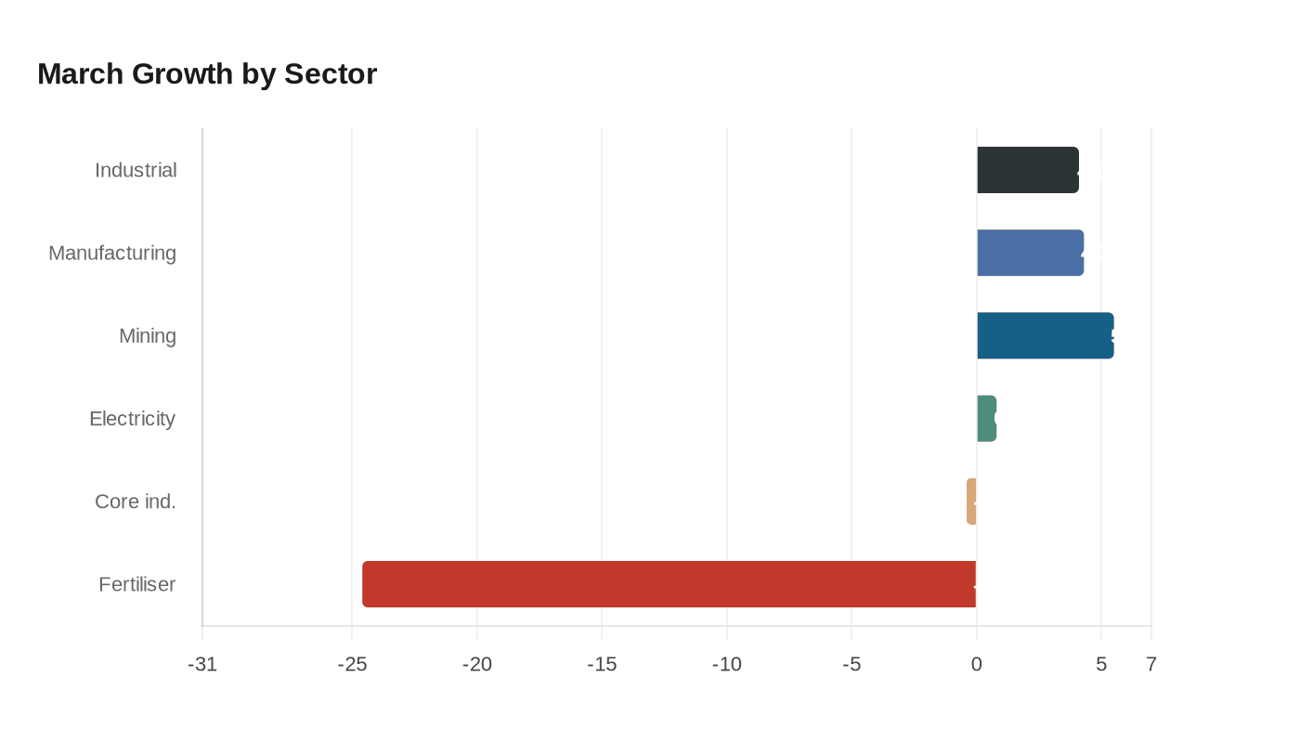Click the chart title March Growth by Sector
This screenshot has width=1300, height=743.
tap(207, 73)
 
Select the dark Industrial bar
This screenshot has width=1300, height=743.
tap(1027, 170)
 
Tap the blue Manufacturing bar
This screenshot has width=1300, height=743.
tap(1030, 253)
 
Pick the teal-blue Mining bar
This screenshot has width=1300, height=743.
tap(1045, 335)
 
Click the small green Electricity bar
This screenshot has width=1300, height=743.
tap(986, 418)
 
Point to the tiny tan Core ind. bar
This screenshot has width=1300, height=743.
tap(971, 502)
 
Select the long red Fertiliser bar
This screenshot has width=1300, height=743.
tap(669, 584)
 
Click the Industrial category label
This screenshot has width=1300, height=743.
tap(136, 170)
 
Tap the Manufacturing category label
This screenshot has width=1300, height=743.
tap(112, 253)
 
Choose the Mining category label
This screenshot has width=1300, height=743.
tap(148, 335)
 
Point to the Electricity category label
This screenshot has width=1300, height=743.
tap(132, 418)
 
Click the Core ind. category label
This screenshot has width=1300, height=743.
tap(136, 502)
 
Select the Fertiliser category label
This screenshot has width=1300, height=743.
tap(137, 584)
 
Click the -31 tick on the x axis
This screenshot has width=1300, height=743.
tap(202, 664)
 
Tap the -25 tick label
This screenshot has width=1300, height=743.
tap(352, 664)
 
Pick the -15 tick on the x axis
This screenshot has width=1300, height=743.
tap(602, 664)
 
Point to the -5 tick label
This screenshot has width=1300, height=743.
tap(851, 664)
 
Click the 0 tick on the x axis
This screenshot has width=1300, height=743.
tap(976, 664)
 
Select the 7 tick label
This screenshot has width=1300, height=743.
tap(1151, 664)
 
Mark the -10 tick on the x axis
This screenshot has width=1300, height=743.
tap(726, 664)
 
